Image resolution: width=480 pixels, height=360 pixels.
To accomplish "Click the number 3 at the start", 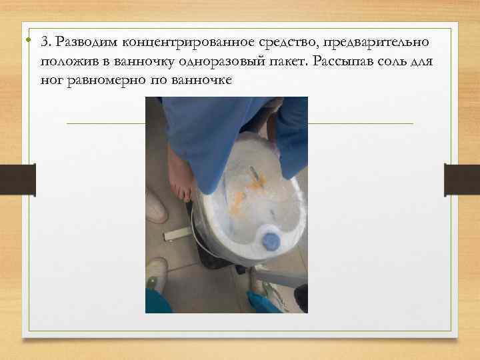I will tap(44, 42).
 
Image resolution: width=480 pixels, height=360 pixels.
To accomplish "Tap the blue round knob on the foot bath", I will tap(270, 239).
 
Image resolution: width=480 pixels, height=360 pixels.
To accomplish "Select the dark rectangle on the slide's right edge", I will tap(462, 180).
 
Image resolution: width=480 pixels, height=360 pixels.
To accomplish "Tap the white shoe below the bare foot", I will tap(156, 207).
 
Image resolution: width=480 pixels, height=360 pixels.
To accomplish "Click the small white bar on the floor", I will tap(177, 234).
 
